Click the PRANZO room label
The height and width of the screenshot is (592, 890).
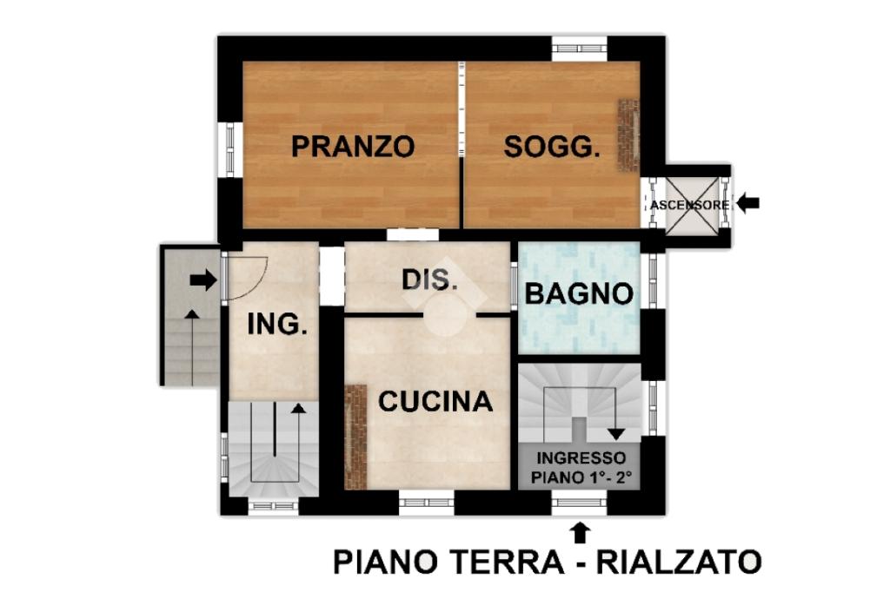point(353,147)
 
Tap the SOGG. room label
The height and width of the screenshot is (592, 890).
point(552,147)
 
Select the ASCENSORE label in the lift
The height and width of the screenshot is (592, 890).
point(689,205)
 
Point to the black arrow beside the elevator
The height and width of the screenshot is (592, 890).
point(747,203)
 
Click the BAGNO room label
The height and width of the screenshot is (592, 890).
point(579,293)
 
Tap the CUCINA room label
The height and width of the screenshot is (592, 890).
point(435,402)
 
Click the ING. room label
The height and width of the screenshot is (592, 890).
point(277,325)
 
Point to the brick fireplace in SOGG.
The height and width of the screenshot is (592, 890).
point(628,136)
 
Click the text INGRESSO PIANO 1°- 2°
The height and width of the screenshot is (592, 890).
point(580,468)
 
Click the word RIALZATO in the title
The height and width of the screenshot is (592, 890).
point(678,562)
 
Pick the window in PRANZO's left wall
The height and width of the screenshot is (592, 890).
point(230,149)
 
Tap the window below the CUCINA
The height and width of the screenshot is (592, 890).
point(426,503)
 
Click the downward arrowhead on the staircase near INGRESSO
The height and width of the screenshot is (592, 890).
point(616,434)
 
